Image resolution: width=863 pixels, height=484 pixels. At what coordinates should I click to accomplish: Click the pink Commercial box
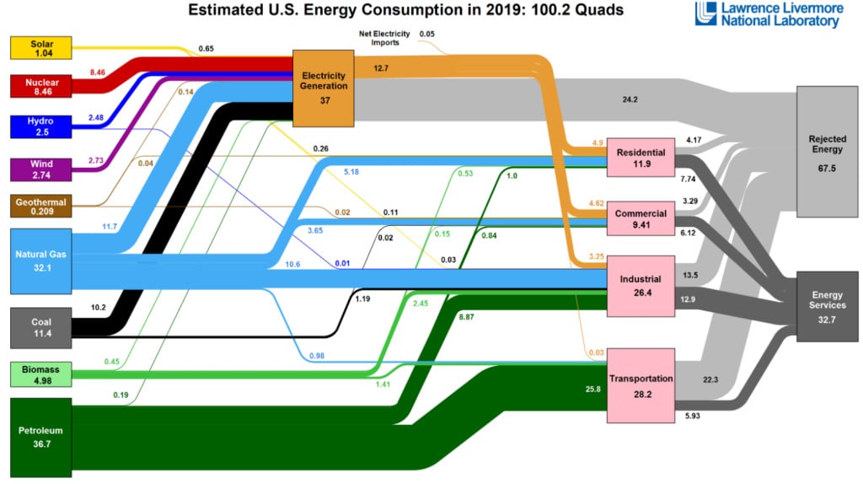click(641, 219)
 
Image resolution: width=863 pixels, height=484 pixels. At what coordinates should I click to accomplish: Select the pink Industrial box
click(641, 285)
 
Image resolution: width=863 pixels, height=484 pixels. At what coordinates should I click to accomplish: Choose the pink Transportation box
click(641, 385)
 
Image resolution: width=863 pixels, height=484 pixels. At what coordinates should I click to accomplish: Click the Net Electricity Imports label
click(385, 38)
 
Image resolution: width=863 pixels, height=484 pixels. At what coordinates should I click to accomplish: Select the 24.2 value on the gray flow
click(630, 99)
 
